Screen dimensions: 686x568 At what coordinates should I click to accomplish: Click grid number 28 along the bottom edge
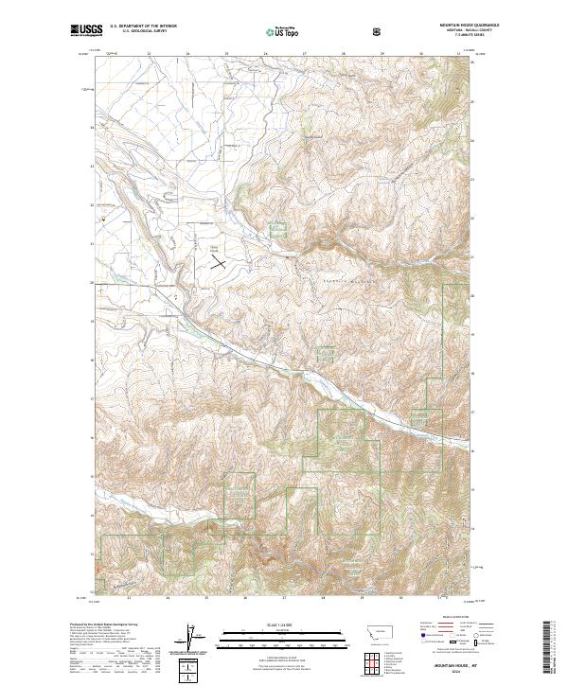click(x=323, y=598)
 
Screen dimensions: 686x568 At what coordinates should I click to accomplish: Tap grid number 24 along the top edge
click(x=187, y=53)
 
